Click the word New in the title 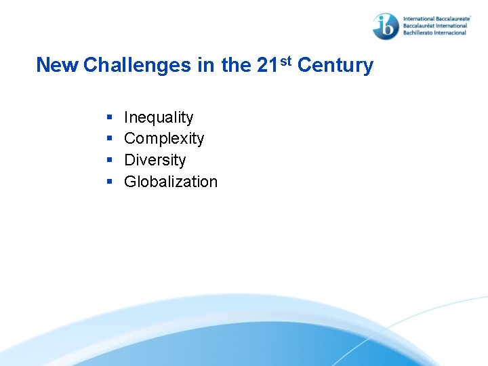pos(58,65)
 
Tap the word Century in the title pos(335,65)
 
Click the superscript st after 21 pos(285,61)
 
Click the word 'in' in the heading pos(209,65)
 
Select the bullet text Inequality pos(159,117)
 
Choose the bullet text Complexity pos(164,139)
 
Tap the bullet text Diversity pos(155,160)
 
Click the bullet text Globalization pos(171,182)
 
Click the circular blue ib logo pos(386,26)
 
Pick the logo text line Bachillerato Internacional pos(436,33)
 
